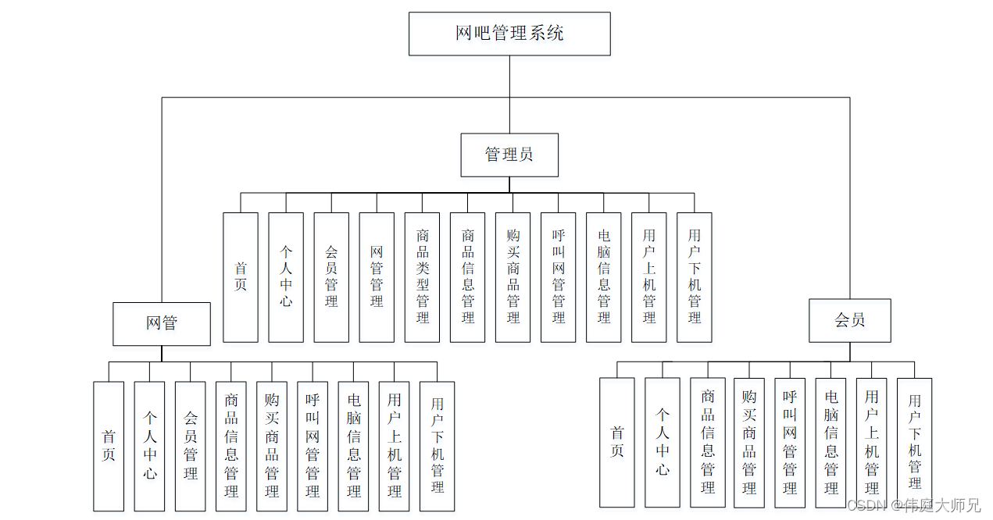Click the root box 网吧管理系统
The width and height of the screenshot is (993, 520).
coord(509,34)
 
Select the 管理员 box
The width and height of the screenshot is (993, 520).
coord(509,155)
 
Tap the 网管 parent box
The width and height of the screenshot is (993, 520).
coord(162,323)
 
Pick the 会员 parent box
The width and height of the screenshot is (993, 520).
coord(849,320)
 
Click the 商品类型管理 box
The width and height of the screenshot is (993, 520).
coord(422,277)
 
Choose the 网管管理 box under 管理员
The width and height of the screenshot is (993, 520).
coord(377,277)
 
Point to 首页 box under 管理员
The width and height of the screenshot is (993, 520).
coord(241,277)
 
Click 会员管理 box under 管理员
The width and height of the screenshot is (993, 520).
coord(331,277)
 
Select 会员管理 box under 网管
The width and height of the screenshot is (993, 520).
coord(191,446)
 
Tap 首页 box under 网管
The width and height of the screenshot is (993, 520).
coord(109,446)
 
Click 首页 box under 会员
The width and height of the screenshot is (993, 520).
coord(617,442)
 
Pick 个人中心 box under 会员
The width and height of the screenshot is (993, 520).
coord(663,442)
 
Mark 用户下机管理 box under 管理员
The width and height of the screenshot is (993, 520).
coord(694,277)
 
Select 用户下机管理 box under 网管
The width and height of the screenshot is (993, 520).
coord(437,446)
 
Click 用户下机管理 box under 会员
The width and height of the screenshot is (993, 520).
coord(914,442)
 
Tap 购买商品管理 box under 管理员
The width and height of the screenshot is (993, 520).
coord(513,277)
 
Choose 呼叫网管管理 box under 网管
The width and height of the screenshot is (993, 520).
coord(313,446)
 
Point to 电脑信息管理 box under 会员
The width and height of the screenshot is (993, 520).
coord(831,442)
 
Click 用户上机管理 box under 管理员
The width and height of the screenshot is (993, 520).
coord(648,277)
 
